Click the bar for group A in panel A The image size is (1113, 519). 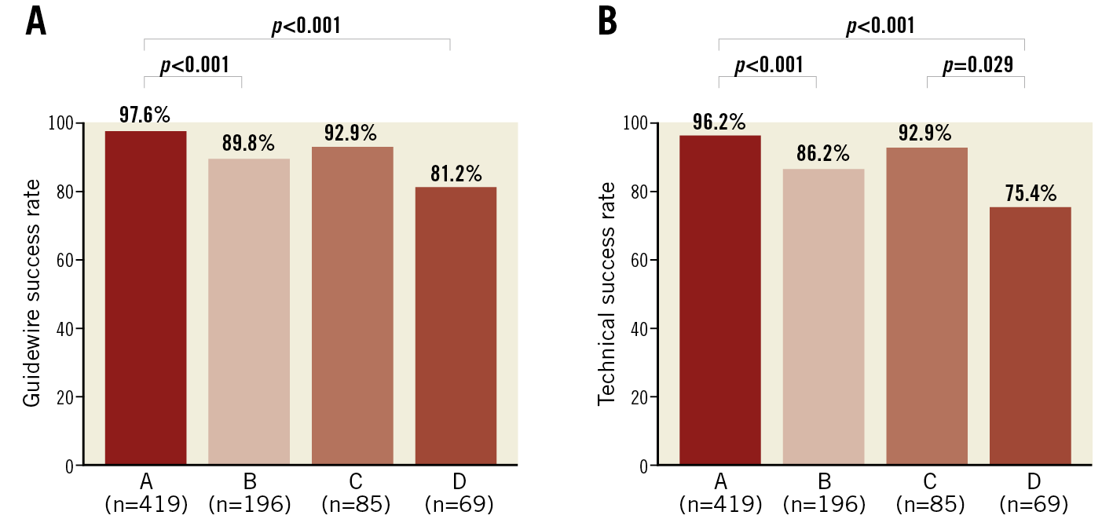(145, 298)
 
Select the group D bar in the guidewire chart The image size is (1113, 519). (456, 326)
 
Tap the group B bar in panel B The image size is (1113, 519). (823, 317)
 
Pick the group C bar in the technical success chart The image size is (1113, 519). (927, 306)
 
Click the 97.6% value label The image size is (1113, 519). (145, 115)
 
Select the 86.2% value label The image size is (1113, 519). (823, 154)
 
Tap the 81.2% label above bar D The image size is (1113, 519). (456, 174)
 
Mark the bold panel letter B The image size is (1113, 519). (607, 22)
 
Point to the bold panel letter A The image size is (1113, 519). (35, 22)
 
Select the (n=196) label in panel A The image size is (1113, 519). (248, 504)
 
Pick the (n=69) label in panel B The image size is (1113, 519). (1030, 504)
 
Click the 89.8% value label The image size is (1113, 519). (248, 143)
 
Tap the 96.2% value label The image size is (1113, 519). (719, 122)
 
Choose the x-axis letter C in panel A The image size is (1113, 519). (352, 481)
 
